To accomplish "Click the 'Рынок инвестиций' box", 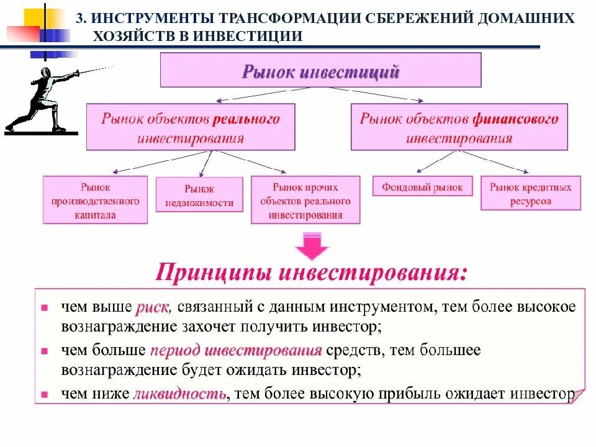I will pos(320,70).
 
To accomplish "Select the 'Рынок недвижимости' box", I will pos(199,196).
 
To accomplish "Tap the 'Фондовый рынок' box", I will pos(422,187).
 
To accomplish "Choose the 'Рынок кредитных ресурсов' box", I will pos(530,194).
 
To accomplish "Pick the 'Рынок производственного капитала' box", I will pos(95,200).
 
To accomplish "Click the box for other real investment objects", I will pos(305,200).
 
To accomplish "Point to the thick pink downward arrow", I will pos(311,246).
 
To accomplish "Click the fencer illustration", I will pos(43,99).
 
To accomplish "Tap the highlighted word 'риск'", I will pos(151,307).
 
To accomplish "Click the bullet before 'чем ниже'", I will pos(44,394).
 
